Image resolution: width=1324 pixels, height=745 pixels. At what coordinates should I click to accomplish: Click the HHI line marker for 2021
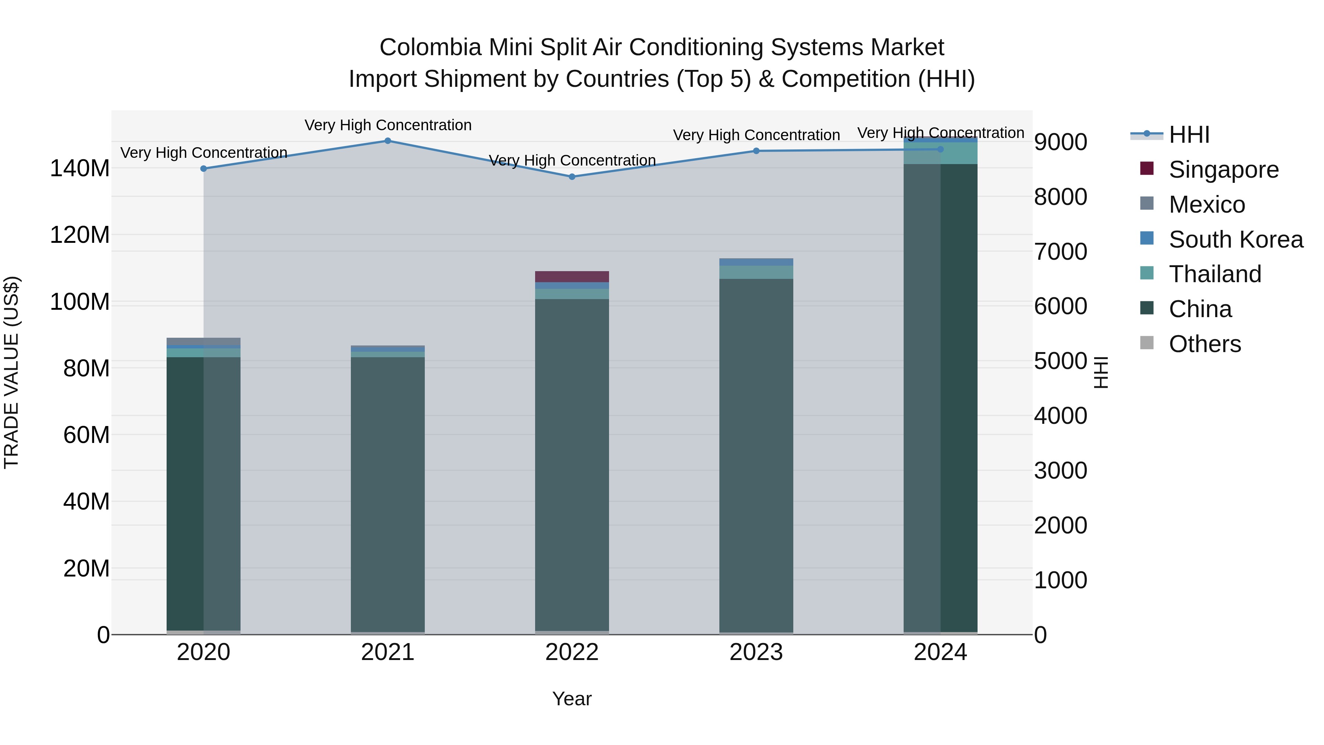(x=388, y=141)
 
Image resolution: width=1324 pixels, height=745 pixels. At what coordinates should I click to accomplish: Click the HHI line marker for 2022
(x=572, y=177)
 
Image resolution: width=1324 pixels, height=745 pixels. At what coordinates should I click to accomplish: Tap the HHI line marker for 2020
(x=203, y=168)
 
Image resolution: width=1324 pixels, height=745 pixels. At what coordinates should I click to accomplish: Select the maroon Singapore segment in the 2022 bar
(x=572, y=277)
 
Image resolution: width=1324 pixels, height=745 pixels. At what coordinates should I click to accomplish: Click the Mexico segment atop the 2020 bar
(x=203, y=341)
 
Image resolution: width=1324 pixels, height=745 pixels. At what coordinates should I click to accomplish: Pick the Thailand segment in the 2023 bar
(x=756, y=273)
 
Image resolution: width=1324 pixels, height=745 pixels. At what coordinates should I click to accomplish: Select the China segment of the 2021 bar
(x=388, y=494)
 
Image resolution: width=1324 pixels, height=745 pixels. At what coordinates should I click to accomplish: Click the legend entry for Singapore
(x=1223, y=170)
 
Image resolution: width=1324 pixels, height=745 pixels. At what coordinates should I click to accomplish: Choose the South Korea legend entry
(x=1236, y=240)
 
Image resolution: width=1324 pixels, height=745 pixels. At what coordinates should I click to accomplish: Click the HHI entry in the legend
(x=1188, y=135)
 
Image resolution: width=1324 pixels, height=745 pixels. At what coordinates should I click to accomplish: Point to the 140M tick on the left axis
(x=80, y=168)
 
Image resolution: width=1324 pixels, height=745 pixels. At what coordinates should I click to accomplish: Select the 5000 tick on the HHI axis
(x=1060, y=361)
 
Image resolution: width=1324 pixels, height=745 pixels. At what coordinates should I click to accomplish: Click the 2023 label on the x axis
(x=756, y=652)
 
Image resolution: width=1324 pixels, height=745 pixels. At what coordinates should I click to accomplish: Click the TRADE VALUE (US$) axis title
(x=11, y=372)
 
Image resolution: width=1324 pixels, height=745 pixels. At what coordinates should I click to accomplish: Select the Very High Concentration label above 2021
(x=388, y=125)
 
